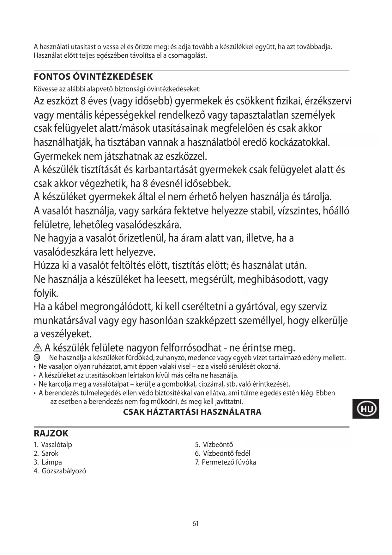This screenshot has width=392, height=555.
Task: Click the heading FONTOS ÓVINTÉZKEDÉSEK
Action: click(93, 77)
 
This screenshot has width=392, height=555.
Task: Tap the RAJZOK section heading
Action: click(51, 433)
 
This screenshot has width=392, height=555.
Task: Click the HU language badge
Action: click(366, 409)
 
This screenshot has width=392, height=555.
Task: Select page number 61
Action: click(196, 524)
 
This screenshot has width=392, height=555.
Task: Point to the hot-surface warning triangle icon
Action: click(38, 348)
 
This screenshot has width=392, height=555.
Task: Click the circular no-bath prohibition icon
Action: click(37, 358)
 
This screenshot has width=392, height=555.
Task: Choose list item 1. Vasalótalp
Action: click(53, 445)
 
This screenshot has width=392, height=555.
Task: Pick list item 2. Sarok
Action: click(46, 453)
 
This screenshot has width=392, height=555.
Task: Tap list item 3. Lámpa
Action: click(48, 462)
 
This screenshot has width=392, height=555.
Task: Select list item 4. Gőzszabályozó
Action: click(60, 471)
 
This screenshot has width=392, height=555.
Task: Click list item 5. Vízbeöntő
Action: click(214, 445)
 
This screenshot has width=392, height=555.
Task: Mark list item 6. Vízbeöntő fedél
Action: click(222, 453)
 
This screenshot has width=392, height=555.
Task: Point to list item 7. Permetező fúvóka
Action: click(225, 462)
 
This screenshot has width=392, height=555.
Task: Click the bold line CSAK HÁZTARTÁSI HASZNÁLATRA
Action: click(192, 412)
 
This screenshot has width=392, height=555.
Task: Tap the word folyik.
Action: click(46, 293)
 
